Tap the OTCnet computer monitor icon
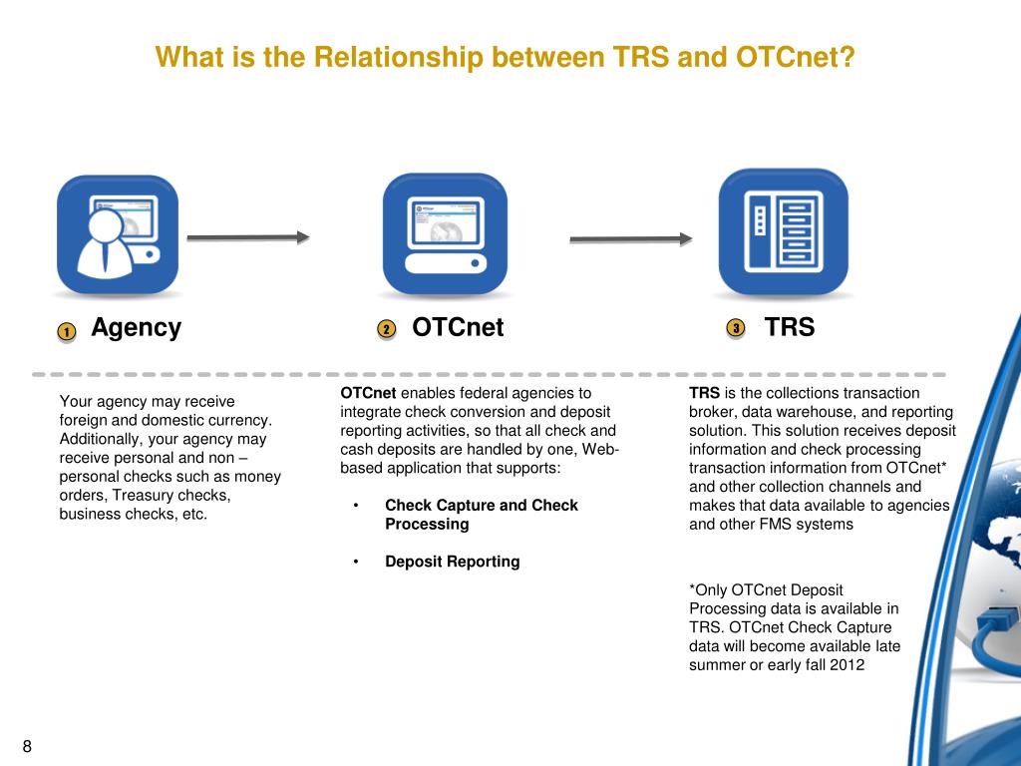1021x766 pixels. pyautogui.click(x=445, y=233)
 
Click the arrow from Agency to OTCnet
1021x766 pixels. pyautogui.click(x=248, y=237)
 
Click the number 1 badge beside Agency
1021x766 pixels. pyautogui.click(x=66, y=332)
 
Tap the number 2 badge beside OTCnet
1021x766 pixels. pyautogui.click(x=387, y=330)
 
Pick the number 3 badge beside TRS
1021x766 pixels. pyautogui.click(x=735, y=328)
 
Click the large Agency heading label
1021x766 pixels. pyautogui.click(x=137, y=327)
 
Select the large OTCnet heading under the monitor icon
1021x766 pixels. pyautogui.click(x=458, y=327)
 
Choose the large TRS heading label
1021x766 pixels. pyautogui.click(x=790, y=327)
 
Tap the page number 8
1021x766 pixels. pyautogui.click(x=27, y=747)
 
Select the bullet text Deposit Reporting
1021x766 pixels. pyautogui.click(x=453, y=562)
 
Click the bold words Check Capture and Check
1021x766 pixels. pyautogui.click(x=482, y=505)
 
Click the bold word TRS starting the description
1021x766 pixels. pyautogui.click(x=704, y=393)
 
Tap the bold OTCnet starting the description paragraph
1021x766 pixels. pyautogui.click(x=368, y=393)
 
